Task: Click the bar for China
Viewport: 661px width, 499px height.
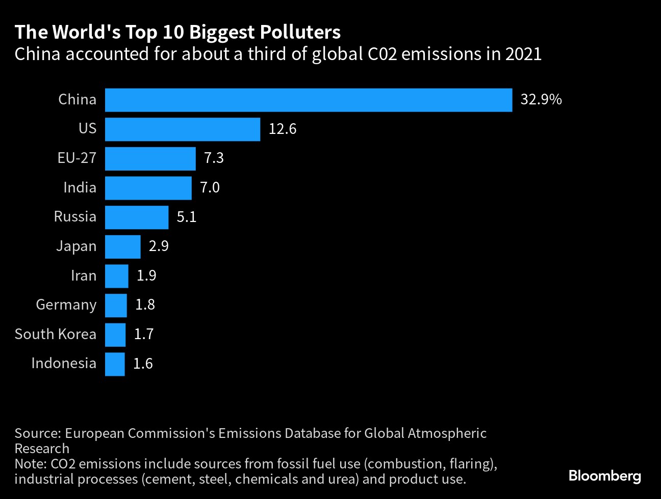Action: pos(308,100)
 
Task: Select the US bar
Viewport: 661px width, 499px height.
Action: pos(182,129)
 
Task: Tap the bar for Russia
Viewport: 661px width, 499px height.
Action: pos(136,217)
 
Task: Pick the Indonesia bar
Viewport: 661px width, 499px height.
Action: pos(115,364)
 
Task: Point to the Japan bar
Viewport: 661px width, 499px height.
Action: pos(122,247)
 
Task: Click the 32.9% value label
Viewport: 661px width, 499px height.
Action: pos(541,100)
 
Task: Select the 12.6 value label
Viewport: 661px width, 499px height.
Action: pos(282,129)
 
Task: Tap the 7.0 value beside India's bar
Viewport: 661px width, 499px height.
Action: pos(210,188)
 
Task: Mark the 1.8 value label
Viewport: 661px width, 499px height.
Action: pos(145,305)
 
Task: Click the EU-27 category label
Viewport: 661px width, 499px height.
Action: pos(77,158)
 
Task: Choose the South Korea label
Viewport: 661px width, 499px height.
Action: pos(55,335)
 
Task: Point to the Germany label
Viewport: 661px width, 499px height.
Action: pos(66,305)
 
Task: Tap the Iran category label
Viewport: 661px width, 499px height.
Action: pos(83,276)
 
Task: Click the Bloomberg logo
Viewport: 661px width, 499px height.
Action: pos(604,477)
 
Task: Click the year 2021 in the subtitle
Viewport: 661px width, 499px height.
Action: pos(523,54)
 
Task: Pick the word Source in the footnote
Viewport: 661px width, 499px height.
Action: pos(37,433)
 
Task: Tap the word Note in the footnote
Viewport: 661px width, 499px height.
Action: pos(30,464)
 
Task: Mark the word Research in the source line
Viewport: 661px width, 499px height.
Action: pos(42,449)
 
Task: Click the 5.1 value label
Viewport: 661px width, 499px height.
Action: pos(186,217)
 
